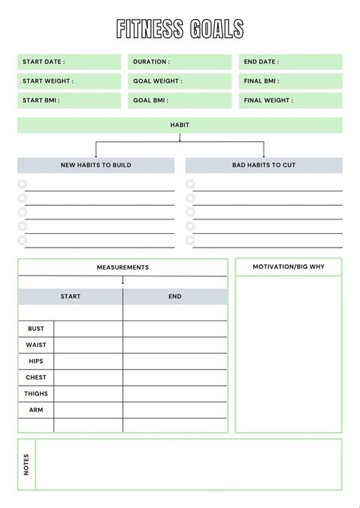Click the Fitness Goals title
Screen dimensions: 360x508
[180, 29]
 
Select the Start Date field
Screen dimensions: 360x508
[69, 62]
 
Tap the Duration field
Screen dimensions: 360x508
[180, 62]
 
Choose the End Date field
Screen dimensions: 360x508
[290, 62]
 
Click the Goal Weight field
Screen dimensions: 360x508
[180, 81]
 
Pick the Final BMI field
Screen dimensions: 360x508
[290, 81]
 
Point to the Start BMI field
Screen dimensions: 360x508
[69, 100]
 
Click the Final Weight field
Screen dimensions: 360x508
[290, 100]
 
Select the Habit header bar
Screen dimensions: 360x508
[180, 125]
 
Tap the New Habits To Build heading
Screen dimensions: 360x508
[96, 165]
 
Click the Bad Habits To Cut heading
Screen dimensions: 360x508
[264, 165]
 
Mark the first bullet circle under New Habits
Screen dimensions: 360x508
[22, 184]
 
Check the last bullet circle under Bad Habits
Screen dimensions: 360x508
[190, 241]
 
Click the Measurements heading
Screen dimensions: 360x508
[123, 267]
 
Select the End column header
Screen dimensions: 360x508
[175, 296]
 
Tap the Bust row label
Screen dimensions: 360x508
[36, 329]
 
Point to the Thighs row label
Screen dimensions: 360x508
[36, 393]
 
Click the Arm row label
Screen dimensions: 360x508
[36, 410]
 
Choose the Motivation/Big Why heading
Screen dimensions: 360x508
[289, 267]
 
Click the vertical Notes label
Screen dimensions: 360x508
[27, 464]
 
